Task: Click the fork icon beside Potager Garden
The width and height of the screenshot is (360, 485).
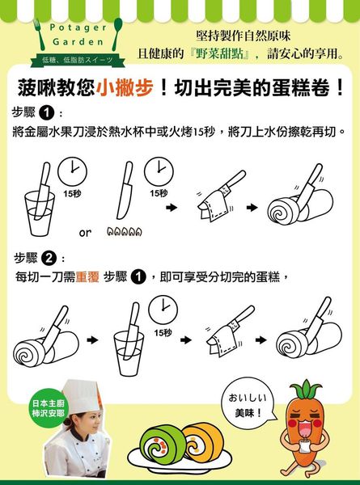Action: point(39,34)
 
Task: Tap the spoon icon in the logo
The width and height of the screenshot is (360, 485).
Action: point(117,33)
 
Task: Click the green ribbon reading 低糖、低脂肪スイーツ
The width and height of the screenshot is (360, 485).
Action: point(78,61)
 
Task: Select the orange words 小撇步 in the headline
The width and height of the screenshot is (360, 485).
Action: point(125,88)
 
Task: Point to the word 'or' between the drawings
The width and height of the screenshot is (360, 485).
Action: point(85,233)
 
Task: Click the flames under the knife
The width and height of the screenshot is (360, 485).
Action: point(125,231)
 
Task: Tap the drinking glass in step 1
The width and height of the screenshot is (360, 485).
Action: point(40,213)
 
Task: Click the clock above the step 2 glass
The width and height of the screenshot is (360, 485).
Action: point(163,310)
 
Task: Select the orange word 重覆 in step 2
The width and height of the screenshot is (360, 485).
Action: point(87,276)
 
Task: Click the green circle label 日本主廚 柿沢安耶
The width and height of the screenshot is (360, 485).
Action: point(48,408)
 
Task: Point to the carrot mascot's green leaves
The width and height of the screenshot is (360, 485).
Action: point(306,389)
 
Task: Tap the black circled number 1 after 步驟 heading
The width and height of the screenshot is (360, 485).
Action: point(46,113)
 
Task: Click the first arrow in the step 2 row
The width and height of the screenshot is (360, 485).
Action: point(92,340)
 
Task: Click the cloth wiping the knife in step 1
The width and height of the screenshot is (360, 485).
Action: point(213,205)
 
